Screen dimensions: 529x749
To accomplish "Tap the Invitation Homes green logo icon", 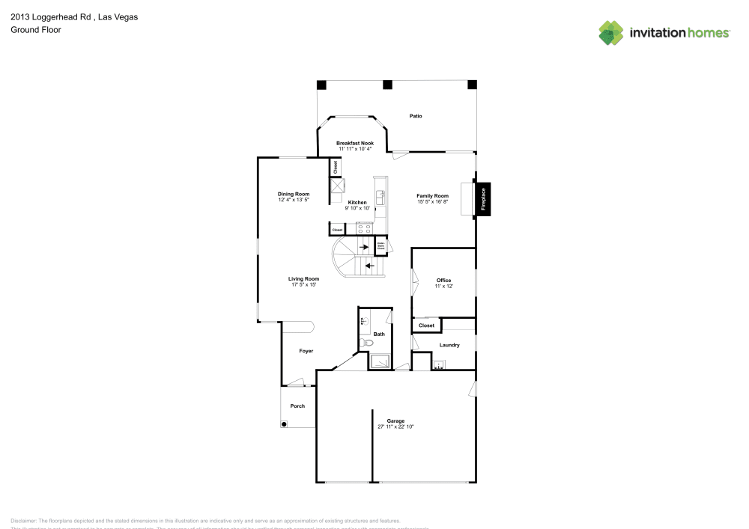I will coord(610,32).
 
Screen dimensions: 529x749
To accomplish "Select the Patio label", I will coord(416,116).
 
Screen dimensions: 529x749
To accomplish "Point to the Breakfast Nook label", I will coord(355,143).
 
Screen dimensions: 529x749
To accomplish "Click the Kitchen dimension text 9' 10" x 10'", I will coord(357,209).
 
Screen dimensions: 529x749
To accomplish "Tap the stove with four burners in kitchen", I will coord(365,229).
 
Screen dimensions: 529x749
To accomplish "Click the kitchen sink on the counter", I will coord(380,198).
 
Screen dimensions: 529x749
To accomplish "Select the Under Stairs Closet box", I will coord(380,245).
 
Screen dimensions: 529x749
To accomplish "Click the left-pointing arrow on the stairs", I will coord(369,265).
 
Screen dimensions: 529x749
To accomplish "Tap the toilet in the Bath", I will coord(366,343).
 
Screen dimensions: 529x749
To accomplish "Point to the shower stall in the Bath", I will coord(379,362).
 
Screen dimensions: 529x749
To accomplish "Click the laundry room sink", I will coord(439,365).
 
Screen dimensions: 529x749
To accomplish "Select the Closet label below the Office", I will coord(426,325).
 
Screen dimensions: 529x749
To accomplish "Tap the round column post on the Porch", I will coord(285,423).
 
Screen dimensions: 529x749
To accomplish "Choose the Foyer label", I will coord(306,351).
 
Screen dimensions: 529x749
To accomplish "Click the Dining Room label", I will coord(294,194).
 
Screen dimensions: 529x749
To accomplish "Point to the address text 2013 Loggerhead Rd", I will coord(52,16).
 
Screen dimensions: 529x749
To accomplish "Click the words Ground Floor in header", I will coord(35,30).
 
